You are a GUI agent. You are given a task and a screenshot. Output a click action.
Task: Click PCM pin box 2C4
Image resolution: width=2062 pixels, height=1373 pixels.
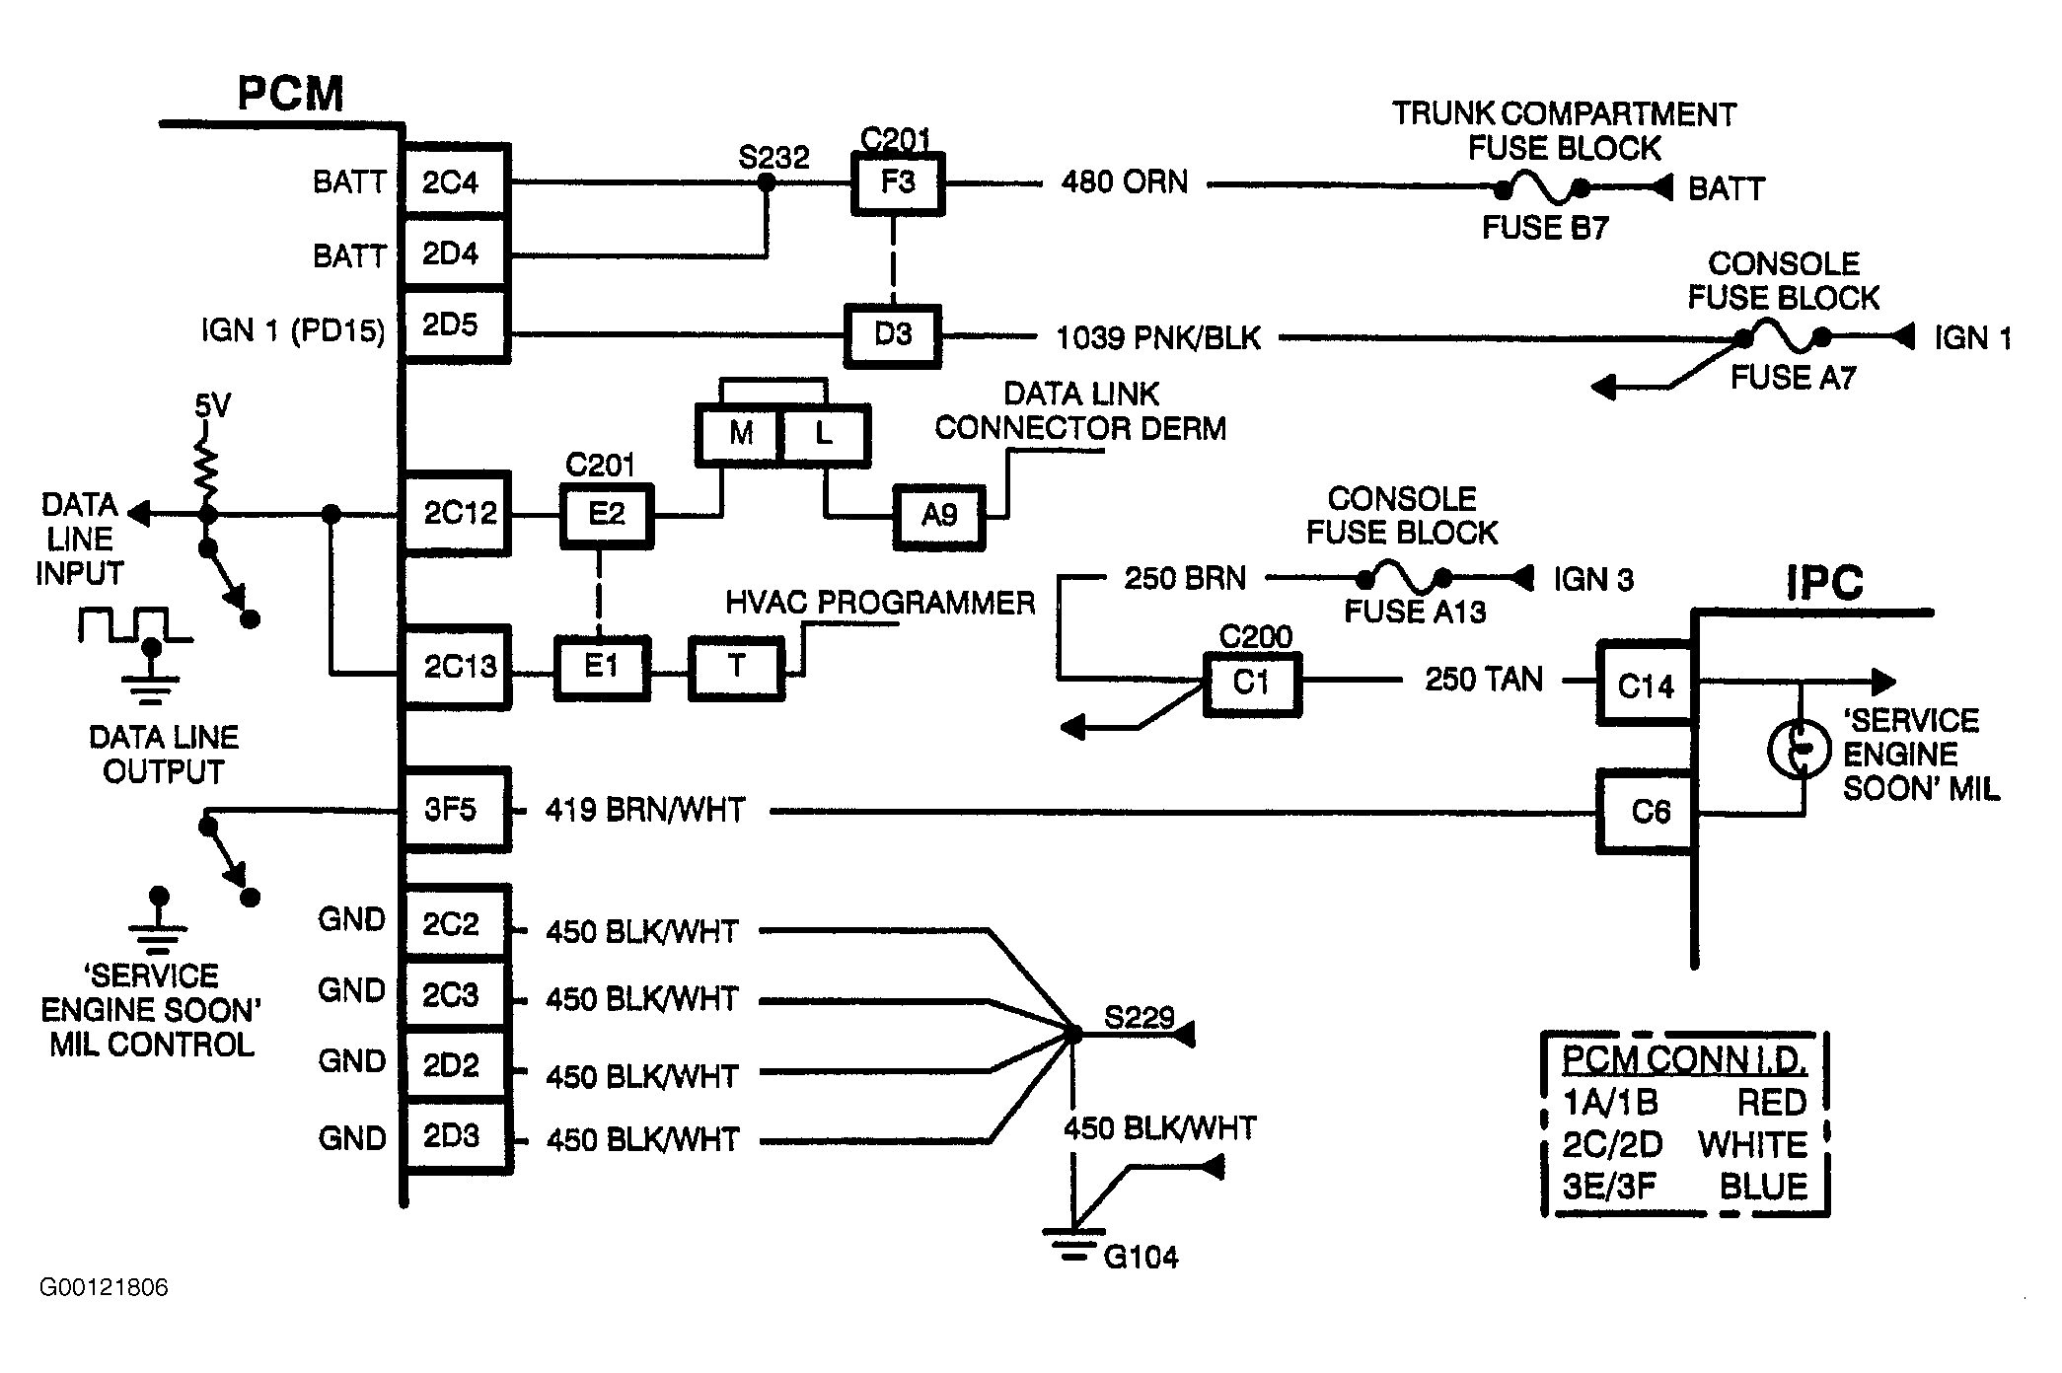pyautogui.click(x=455, y=181)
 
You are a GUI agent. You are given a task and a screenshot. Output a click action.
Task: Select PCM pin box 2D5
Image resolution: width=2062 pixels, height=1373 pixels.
pyautogui.click(x=455, y=325)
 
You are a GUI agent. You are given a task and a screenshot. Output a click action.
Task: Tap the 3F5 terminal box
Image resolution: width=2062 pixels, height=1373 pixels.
pyautogui.click(x=455, y=810)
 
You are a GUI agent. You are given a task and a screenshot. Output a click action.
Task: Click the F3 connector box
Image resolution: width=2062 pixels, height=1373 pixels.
pyautogui.click(x=898, y=183)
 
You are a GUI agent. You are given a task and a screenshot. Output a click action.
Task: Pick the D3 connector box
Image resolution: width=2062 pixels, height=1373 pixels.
pyautogui.click(x=893, y=335)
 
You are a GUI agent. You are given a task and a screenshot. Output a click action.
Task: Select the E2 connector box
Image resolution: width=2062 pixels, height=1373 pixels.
pyautogui.click(x=607, y=514)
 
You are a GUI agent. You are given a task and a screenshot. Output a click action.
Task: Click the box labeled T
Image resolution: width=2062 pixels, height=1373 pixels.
pyautogui.click(x=737, y=668)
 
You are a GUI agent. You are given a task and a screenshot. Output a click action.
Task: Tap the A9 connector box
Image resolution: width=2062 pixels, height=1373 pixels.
pyautogui.click(x=939, y=516)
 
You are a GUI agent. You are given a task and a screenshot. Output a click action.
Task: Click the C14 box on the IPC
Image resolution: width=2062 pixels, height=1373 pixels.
pyautogui.click(x=1646, y=685)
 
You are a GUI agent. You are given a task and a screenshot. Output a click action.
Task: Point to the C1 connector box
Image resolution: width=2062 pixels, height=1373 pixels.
pyautogui.click(x=1251, y=683)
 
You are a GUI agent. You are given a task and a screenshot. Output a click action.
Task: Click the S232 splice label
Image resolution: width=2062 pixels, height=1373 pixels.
pyautogui.click(x=773, y=158)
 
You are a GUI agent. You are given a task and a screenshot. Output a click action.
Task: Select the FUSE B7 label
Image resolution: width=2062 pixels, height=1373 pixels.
pyautogui.click(x=1545, y=228)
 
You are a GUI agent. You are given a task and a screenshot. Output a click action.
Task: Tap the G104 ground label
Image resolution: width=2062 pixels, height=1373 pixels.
pyautogui.click(x=1141, y=1257)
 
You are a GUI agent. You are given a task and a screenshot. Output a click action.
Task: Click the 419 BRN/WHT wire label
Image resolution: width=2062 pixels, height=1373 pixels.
pyautogui.click(x=645, y=810)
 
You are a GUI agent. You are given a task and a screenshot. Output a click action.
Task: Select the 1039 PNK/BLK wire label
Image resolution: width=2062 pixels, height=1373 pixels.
pyautogui.click(x=1158, y=338)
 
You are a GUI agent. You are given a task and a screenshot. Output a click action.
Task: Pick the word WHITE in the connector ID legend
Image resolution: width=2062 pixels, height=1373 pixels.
pyautogui.click(x=1752, y=1144)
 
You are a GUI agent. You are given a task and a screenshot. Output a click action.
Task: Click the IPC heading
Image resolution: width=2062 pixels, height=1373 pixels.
pyautogui.click(x=1824, y=583)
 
